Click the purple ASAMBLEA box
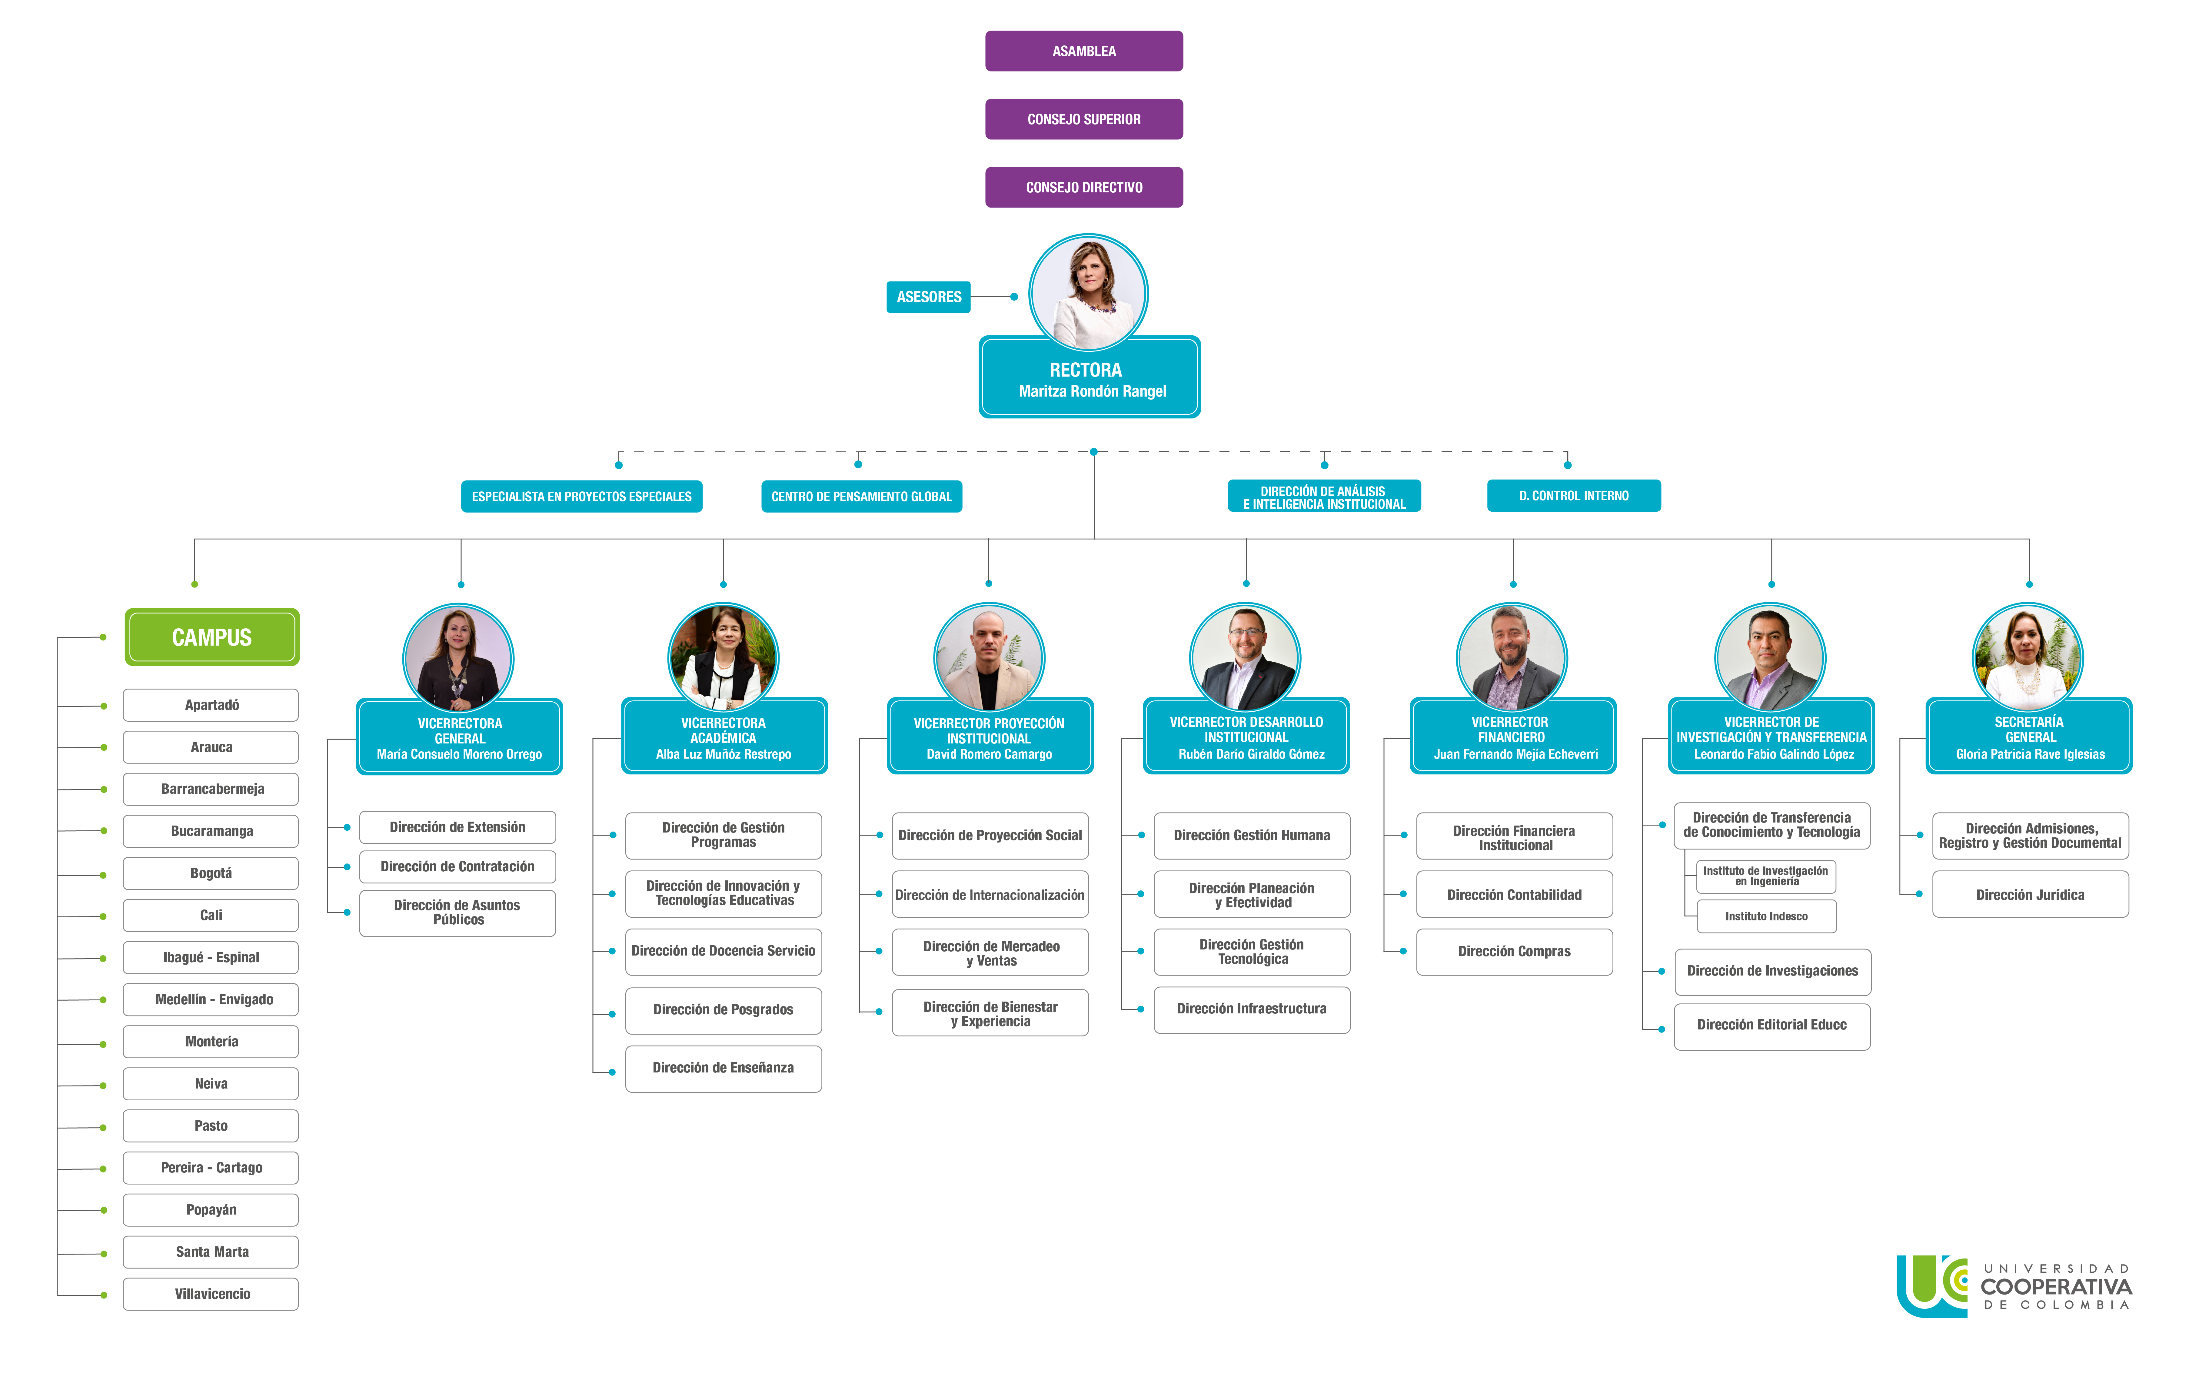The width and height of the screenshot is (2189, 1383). click(x=1083, y=51)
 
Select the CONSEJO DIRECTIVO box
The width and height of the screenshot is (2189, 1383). click(x=1083, y=187)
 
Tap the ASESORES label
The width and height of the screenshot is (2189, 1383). click(x=928, y=296)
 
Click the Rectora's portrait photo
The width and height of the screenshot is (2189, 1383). click(x=1088, y=293)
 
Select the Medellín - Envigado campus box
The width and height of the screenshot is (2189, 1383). click(x=212, y=999)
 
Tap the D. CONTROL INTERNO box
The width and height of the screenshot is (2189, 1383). click(x=1574, y=496)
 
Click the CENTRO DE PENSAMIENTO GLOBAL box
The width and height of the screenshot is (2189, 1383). click(x=861, y=497)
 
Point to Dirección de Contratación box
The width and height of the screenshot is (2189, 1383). click(x=457, y=866)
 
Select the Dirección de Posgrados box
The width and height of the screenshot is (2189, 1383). click(x=723, y=1009)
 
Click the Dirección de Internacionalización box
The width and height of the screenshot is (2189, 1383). click(x=989, y=895)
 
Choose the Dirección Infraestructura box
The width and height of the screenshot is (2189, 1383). click(x=1251, y=1008)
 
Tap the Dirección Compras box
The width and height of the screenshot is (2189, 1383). click(x=1514, y=951)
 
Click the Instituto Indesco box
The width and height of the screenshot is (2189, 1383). click(x=1765, y=916)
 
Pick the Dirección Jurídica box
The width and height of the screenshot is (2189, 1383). click(x=2029, y=895)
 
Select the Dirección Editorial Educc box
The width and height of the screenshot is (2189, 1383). click(x=1771, y=1025)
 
